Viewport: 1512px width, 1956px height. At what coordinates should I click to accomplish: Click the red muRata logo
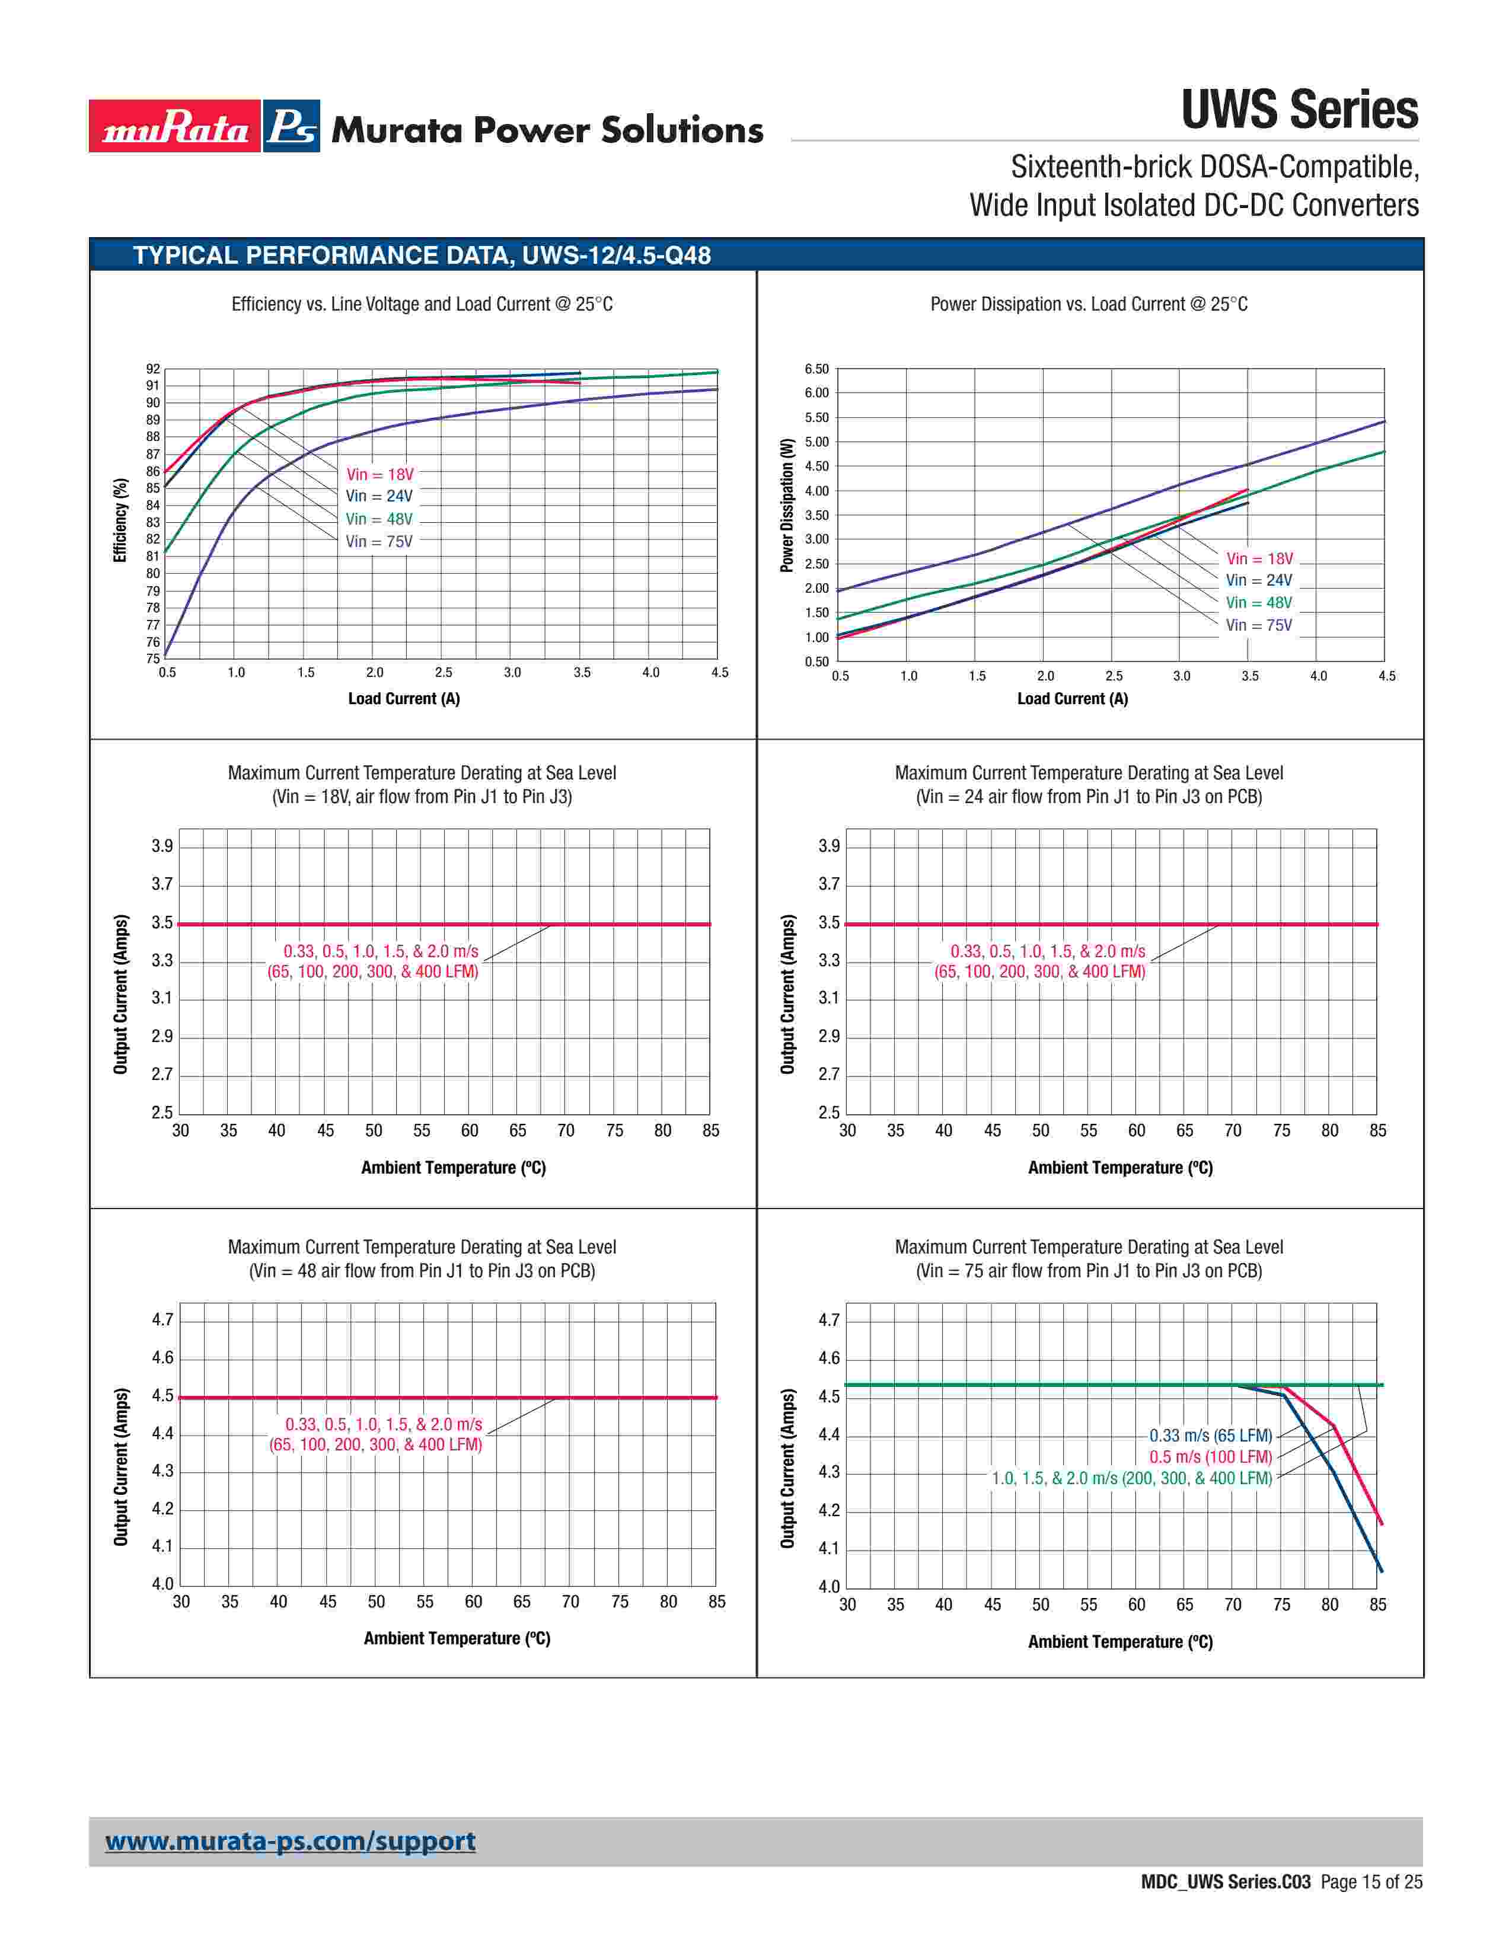175,126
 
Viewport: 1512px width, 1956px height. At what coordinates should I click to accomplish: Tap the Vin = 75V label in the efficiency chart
379,542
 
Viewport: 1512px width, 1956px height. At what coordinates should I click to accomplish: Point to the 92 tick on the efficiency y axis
153,369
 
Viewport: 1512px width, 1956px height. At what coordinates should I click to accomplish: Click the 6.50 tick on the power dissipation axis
816,369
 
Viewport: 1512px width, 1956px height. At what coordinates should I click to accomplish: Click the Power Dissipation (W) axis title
787,505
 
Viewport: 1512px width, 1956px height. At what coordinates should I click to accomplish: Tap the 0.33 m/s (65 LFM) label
1210,1436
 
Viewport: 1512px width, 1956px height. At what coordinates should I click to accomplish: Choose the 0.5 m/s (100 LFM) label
1210,1457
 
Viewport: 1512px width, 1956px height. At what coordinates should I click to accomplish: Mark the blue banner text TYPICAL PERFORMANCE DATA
422,256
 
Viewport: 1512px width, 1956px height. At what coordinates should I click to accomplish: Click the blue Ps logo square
292,126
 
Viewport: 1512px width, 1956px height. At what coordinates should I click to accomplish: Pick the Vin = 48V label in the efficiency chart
379,519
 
